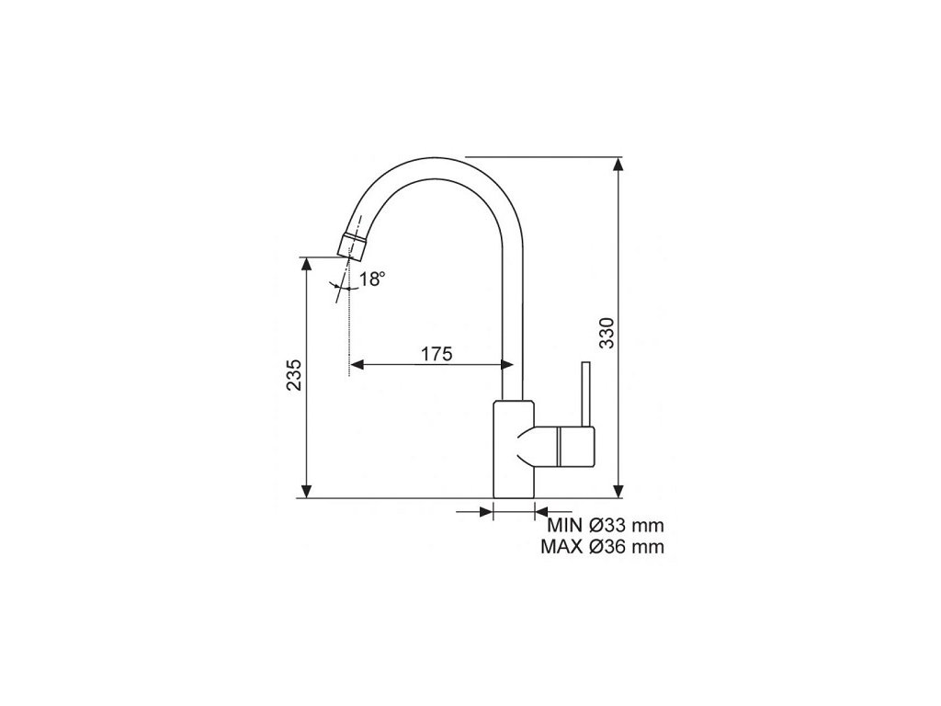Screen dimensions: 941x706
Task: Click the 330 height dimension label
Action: [x=607, y=333]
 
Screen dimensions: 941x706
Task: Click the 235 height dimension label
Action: [x=294, y=376]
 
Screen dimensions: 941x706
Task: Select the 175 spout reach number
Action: [x=436, y=354]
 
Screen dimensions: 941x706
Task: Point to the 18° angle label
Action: [x=372, y=279]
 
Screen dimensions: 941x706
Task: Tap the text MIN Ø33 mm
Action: [x=606, y=525]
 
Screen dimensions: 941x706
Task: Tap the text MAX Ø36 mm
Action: [x=603, y=547]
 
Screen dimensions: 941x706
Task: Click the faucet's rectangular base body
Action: [x=513, y=449]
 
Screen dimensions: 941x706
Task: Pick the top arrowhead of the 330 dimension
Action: [x=618, y=164]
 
